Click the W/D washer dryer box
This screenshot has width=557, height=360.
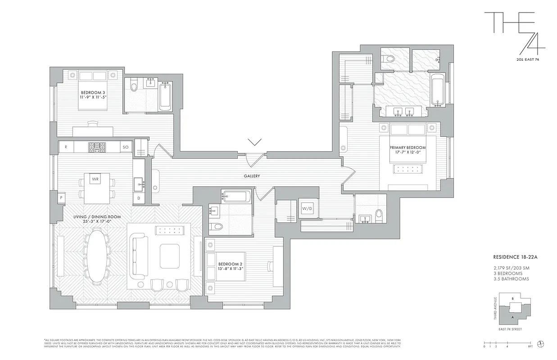(x=307, y=209)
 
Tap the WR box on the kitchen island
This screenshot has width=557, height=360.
(x=95, y=179)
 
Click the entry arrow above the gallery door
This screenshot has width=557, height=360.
(x=254, y=142)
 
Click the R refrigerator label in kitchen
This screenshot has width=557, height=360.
(x=66, y=147)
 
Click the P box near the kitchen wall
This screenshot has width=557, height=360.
(x=60, y=197)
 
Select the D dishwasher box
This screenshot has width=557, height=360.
(x=139, y=198)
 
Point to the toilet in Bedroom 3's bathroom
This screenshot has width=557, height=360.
(x=133, y=86)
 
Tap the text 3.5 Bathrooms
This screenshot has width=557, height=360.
(x=511, y=279)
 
